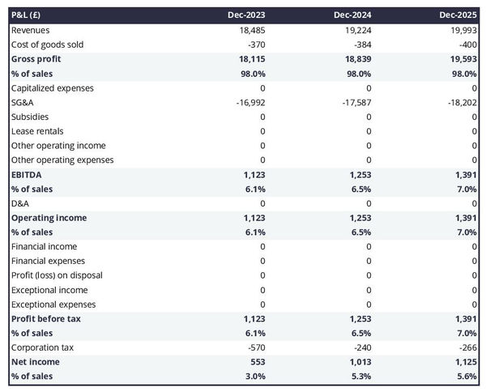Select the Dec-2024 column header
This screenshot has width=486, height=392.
pos(352,15)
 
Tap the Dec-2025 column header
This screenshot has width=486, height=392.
pos(458,15)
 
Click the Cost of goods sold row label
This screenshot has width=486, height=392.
pos(47,45)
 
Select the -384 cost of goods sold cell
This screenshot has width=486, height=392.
pos(363,45)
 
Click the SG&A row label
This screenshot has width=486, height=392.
pos(23,102)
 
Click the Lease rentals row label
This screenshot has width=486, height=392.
pos(37,131)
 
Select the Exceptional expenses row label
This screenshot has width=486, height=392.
pos(53,305)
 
